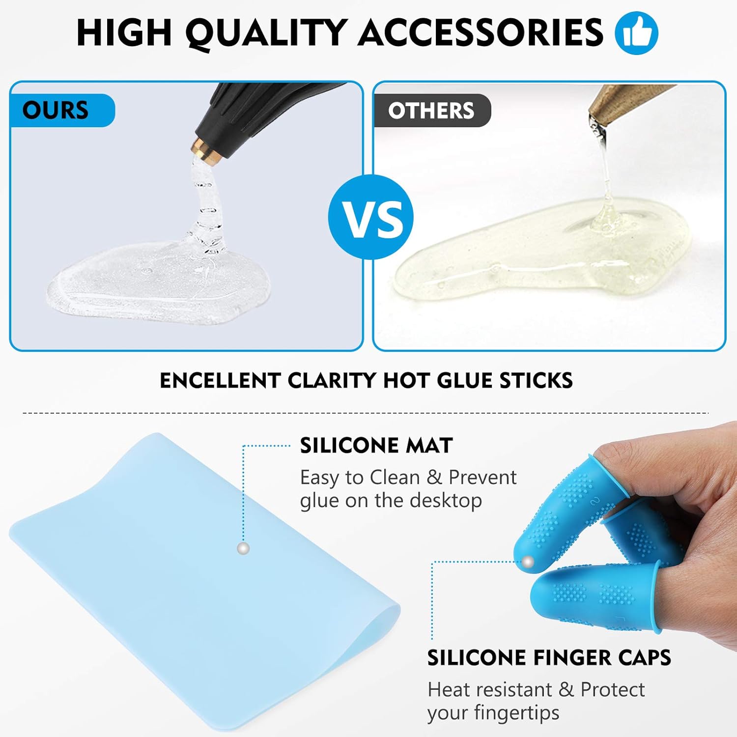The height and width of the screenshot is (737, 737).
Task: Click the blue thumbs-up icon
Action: [636, 33]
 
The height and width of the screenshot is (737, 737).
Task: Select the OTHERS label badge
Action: [431, 111]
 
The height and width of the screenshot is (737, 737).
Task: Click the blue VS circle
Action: [371, 217]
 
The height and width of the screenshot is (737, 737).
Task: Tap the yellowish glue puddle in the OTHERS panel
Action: [540, 255]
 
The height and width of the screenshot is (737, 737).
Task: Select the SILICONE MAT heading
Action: [376, 446]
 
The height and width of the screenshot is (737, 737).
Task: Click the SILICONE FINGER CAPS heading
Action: [549, 657]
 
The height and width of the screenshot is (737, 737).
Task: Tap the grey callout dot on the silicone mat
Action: [243, 548]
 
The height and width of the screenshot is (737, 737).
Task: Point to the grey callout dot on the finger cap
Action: [528, 562]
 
